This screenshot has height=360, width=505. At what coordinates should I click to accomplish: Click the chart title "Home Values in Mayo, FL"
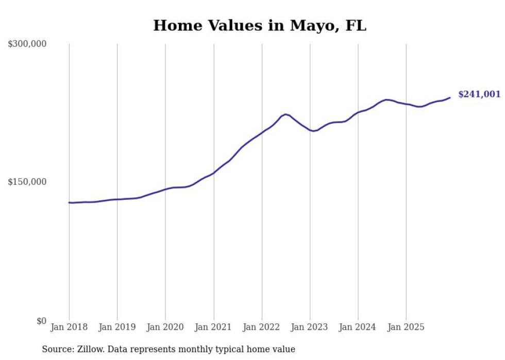[x=260, y=26]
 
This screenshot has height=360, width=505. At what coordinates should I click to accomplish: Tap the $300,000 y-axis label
[x=27, y=44]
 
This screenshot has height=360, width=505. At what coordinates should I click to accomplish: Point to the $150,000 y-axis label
[x=27, y=182]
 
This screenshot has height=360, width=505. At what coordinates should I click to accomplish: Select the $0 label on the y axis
[x=41, y=321]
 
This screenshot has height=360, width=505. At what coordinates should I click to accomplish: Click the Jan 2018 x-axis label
[x=69, y=328]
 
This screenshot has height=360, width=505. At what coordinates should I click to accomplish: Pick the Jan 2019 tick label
[x=117, y=328]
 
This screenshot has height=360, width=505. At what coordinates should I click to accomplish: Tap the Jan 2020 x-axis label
[x=165, y=328]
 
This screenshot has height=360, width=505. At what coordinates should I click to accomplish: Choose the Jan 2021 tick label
[x=213, y=328]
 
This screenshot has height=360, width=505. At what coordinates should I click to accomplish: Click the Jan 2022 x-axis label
[x=262, y=328]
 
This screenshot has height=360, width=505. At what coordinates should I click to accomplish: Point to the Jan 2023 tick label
[x=310, y=328]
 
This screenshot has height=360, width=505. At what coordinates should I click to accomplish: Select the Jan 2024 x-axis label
[x=358, y=328]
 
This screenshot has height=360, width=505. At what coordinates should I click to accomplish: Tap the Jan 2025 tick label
[x=406, y=328]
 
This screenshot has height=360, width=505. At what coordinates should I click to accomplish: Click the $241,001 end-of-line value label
[x=479, y=94]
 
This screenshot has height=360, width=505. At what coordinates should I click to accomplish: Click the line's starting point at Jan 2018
[x=69, y=202]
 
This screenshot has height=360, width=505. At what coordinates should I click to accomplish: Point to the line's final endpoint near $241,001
[x=450, y=97]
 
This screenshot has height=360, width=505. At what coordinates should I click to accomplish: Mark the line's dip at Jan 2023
[x=313, y=131]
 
